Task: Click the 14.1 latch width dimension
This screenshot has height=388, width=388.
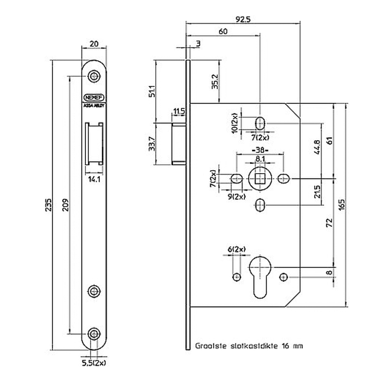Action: click(x=94, y=179)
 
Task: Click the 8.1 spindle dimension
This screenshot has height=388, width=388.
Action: click(x=259, y=158)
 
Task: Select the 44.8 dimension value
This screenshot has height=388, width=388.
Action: click(x=316, y=147)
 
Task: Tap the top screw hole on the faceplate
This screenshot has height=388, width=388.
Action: click(x=94, y=76)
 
